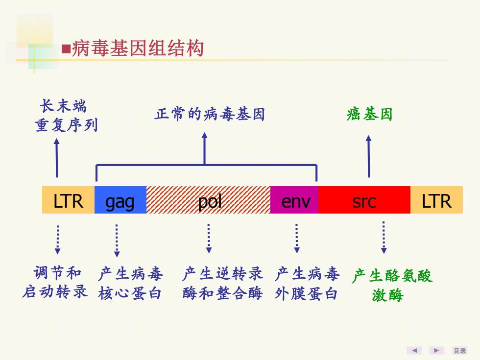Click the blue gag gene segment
(x=120, y=200)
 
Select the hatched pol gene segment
(x=208, y=200)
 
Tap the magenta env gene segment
(x=294, y=200)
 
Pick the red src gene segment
(x=364, y=200)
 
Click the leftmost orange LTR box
(x=68, y=200)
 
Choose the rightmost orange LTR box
(x=436, y=200)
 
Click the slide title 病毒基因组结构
(x=138, y=48)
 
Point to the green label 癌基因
(x=369, y=114)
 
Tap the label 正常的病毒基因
(x=210, y=114)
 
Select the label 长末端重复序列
(x=66, y=116)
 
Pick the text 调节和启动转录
(x=55, y=282)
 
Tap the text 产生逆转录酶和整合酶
(x=222, y=283)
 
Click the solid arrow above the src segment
(x=368, y=156)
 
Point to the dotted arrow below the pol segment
(x=209, y=239)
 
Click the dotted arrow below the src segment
(x=384, y=238)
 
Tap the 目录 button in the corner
(x=460, y=351)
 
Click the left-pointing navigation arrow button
(x=414, y=351)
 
